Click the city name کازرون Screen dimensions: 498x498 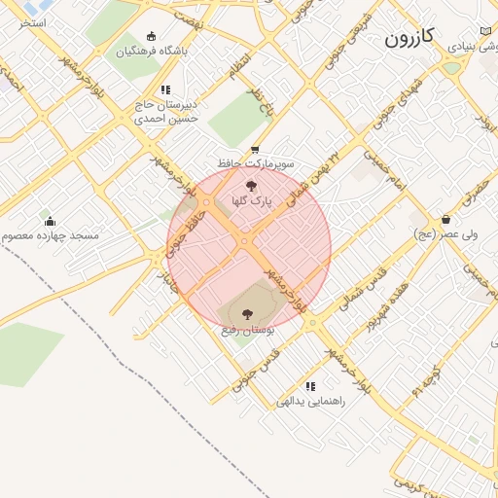409,38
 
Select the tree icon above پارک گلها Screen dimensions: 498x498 251,185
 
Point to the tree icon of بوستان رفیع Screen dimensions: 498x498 243,313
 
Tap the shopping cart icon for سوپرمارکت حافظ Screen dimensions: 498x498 255,149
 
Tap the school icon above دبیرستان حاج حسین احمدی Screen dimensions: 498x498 165,89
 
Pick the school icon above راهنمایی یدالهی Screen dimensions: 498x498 309,386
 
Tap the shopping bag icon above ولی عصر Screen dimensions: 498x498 445,219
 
